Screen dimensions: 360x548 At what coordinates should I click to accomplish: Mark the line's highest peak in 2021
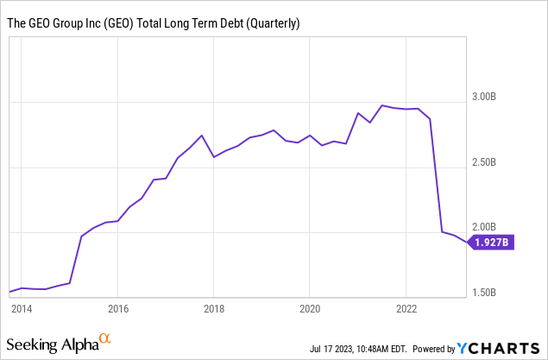[x=381, y=105]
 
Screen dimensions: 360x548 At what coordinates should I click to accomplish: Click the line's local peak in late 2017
[x=201, y=136]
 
